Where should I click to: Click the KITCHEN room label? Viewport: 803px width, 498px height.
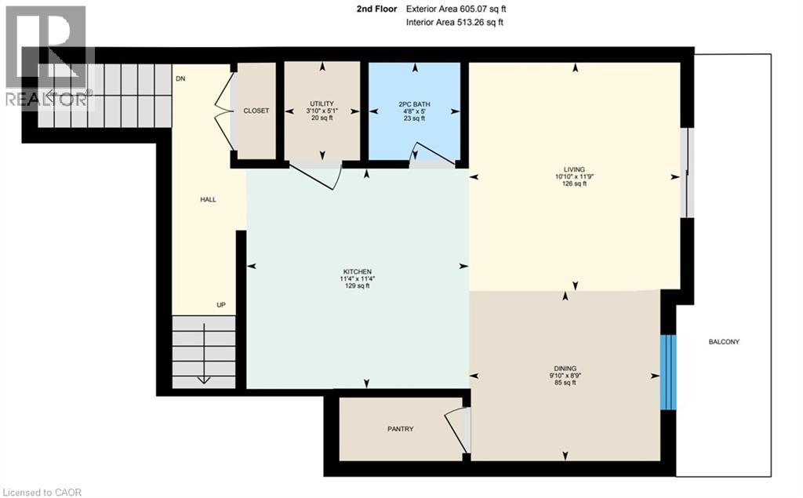pos(357,271)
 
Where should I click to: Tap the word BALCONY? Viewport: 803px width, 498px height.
pos(724,342)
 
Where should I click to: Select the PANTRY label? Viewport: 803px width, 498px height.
pos(400,429)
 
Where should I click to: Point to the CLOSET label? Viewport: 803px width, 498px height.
pos(256,111)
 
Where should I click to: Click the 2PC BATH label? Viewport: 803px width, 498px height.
pos(414,104)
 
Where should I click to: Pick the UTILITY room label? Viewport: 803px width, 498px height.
pos(322,104)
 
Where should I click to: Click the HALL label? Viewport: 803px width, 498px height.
pos(208,199)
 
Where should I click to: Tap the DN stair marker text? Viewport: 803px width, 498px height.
pos(180,78)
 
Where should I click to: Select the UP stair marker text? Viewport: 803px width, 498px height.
pos(220,304)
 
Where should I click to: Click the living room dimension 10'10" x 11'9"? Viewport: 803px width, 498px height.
pos(574,176)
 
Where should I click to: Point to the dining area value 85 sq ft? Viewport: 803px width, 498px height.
pos(565,382)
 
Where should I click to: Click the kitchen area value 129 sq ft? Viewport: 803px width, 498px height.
pos(357,286)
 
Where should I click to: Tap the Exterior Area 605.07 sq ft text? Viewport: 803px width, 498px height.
pos(456,9)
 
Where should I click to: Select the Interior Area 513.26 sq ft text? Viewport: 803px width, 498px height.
pos(454,22)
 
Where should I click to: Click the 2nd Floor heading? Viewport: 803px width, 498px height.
pos(376,9)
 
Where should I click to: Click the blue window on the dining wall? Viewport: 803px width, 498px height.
pos(668,372)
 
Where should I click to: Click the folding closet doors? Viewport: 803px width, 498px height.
pos(223,111)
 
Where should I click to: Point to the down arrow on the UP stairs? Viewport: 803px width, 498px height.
pos(204,353)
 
